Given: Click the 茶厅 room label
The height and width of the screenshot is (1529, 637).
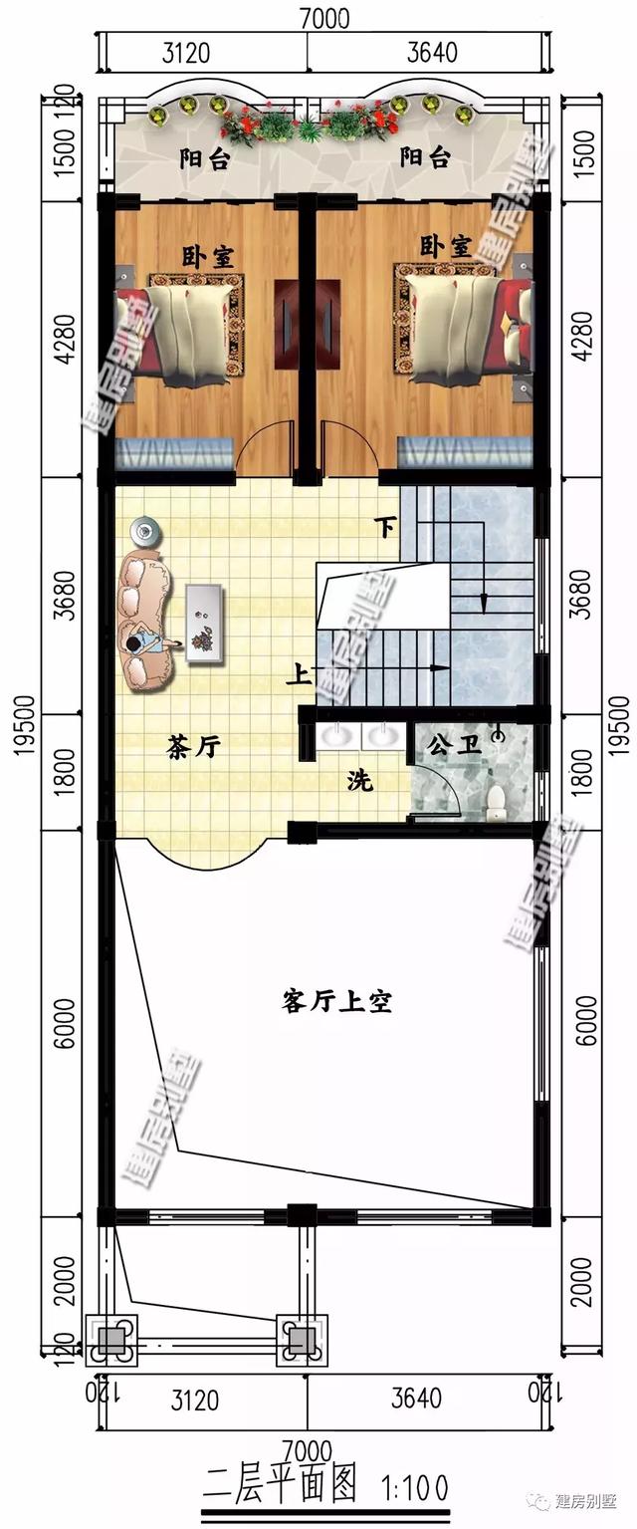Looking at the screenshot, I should tap(194, 747).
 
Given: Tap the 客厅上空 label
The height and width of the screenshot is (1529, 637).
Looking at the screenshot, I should tap(336, 1001).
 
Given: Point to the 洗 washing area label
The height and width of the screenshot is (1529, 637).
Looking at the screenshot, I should tap(359, 782).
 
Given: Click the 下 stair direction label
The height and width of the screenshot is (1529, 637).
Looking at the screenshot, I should tap(385, 526).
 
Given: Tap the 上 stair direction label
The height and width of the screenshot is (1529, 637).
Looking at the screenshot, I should tap(297, 675).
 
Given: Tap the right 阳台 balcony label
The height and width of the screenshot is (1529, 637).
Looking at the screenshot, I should tap(426, 157).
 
